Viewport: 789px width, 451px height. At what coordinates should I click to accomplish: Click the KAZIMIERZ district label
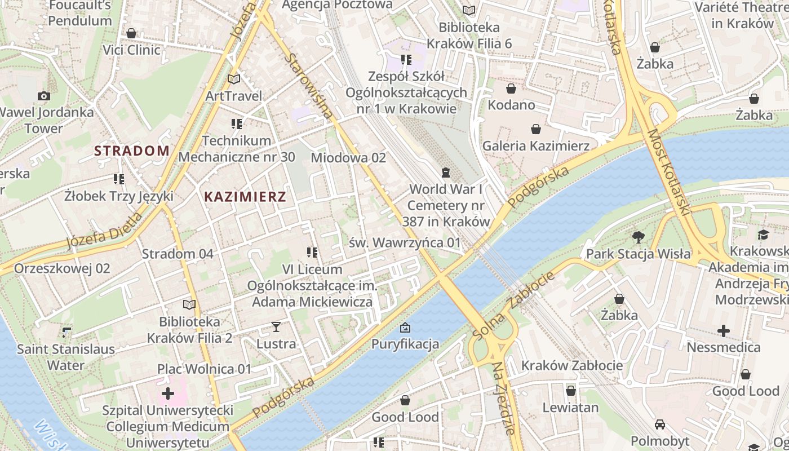click(245, 197)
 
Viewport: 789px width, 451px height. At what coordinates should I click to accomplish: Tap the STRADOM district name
click(132, 151)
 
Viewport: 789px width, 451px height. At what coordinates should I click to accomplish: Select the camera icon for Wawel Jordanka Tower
click(43, 96)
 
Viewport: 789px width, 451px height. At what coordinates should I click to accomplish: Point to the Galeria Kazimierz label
click(535, 146)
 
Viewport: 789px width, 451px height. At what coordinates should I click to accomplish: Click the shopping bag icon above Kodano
click(511, 89)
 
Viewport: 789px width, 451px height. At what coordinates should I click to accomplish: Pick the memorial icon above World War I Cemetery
click(446, 172)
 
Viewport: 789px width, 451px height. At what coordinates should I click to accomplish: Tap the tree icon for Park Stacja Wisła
click(638, 237)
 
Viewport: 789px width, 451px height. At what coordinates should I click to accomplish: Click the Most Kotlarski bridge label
click(668, 173)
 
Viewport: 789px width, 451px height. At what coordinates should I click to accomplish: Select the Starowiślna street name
click(308, 85)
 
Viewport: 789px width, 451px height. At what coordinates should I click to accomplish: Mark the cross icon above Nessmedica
click(724, 330)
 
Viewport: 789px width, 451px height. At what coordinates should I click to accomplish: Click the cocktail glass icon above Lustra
click(276, 326)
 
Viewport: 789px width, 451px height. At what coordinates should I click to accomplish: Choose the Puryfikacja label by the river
click(405, 344)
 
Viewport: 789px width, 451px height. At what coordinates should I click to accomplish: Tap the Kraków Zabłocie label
click(571, 365)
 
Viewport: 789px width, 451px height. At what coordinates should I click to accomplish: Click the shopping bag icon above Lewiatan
click(570, 390)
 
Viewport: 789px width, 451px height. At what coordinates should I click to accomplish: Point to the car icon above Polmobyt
click(659, 424)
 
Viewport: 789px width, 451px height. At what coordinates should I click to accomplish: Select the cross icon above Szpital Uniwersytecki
click(167, 393)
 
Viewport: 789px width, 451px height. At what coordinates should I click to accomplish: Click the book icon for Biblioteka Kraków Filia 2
click(189, 304)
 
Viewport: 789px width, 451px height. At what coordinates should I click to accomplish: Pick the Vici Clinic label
click(131, 50)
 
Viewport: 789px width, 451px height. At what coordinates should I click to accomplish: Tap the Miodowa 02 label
click(348, 158)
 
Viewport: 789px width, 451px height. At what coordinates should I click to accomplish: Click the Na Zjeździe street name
click(504, 398)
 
